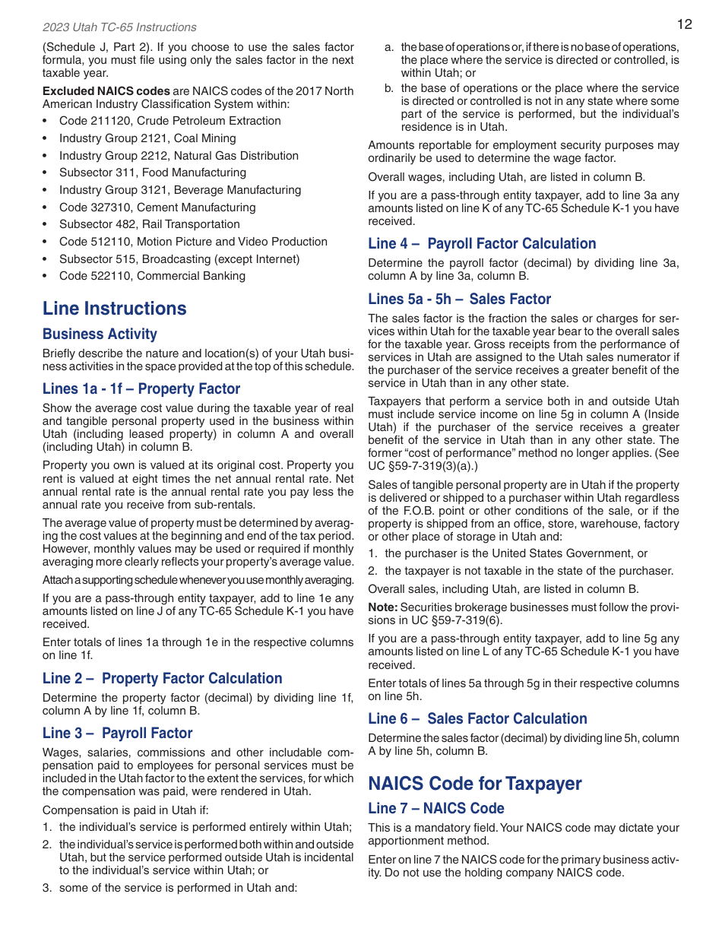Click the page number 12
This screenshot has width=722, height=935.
(x=684, y=24)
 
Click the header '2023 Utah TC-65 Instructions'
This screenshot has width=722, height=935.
(x=119, y=27)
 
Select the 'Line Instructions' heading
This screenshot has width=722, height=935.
(x=115, y=309)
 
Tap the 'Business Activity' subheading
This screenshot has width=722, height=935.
(x=100, y=334)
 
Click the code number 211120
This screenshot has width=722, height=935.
(x=109, y=121)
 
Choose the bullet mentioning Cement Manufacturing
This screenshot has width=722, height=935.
(x=157, y=208)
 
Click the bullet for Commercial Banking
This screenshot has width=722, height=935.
(x=152, y=276)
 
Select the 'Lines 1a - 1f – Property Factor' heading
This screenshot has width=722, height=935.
(x=141, y=389)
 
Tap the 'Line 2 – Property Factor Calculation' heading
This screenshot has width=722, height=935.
(x=162, y=679)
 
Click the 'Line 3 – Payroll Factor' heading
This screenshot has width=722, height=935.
(x=118, y=734)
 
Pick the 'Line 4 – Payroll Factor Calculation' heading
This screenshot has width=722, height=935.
(x=482, y=244)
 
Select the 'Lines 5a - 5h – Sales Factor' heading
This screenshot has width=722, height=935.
(x=459, y=300)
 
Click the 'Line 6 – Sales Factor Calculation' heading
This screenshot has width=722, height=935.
(x=477, y=719)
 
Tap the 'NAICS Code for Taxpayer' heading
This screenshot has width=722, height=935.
(x=475, y=784)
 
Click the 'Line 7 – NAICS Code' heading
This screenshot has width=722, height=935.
(x=436, y=809)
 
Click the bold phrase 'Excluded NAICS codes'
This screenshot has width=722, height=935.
(x=106, y=91)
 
